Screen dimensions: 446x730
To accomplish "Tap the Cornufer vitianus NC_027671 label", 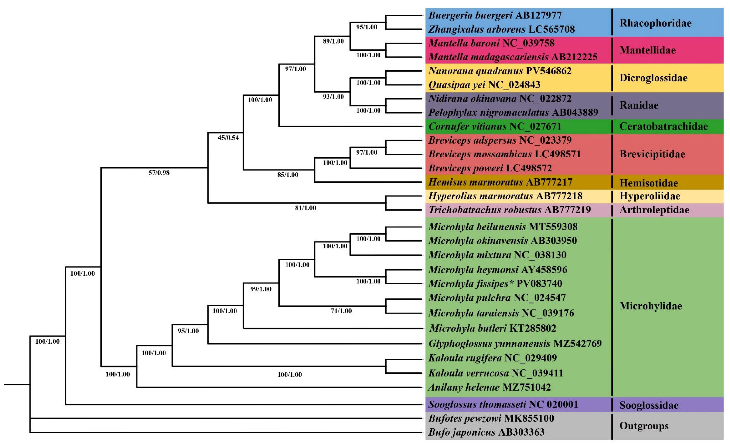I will point(495,126).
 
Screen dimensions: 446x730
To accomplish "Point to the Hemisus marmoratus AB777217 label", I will point(500,182).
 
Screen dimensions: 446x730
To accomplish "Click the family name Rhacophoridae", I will point(655,23).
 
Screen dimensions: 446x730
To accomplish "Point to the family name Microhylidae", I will point(651,306).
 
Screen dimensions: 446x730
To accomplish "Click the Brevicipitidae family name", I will point(652,154).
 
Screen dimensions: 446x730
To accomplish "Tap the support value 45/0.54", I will point(228,138).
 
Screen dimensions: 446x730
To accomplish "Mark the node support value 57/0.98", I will point(159,173).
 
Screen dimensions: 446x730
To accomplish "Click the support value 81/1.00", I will point(305,208).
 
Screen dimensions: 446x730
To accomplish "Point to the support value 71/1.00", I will point(341,311).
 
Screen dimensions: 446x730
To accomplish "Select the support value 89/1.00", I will point(333,41).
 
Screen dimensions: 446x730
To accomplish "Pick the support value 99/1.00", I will point(261,289).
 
